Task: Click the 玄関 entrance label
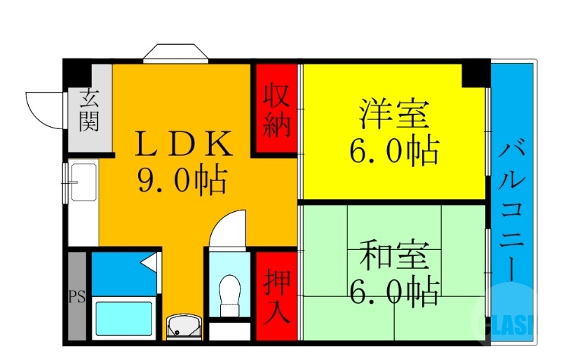(x=89, y=110)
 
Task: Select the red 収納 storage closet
(x=276, y=110)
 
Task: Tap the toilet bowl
(x=229, y=293)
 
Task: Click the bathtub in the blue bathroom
(x=123, y=320)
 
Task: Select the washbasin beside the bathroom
(x=184, y=327)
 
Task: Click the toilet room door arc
(x=229, y=228)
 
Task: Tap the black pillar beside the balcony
(x=476, y=72)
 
